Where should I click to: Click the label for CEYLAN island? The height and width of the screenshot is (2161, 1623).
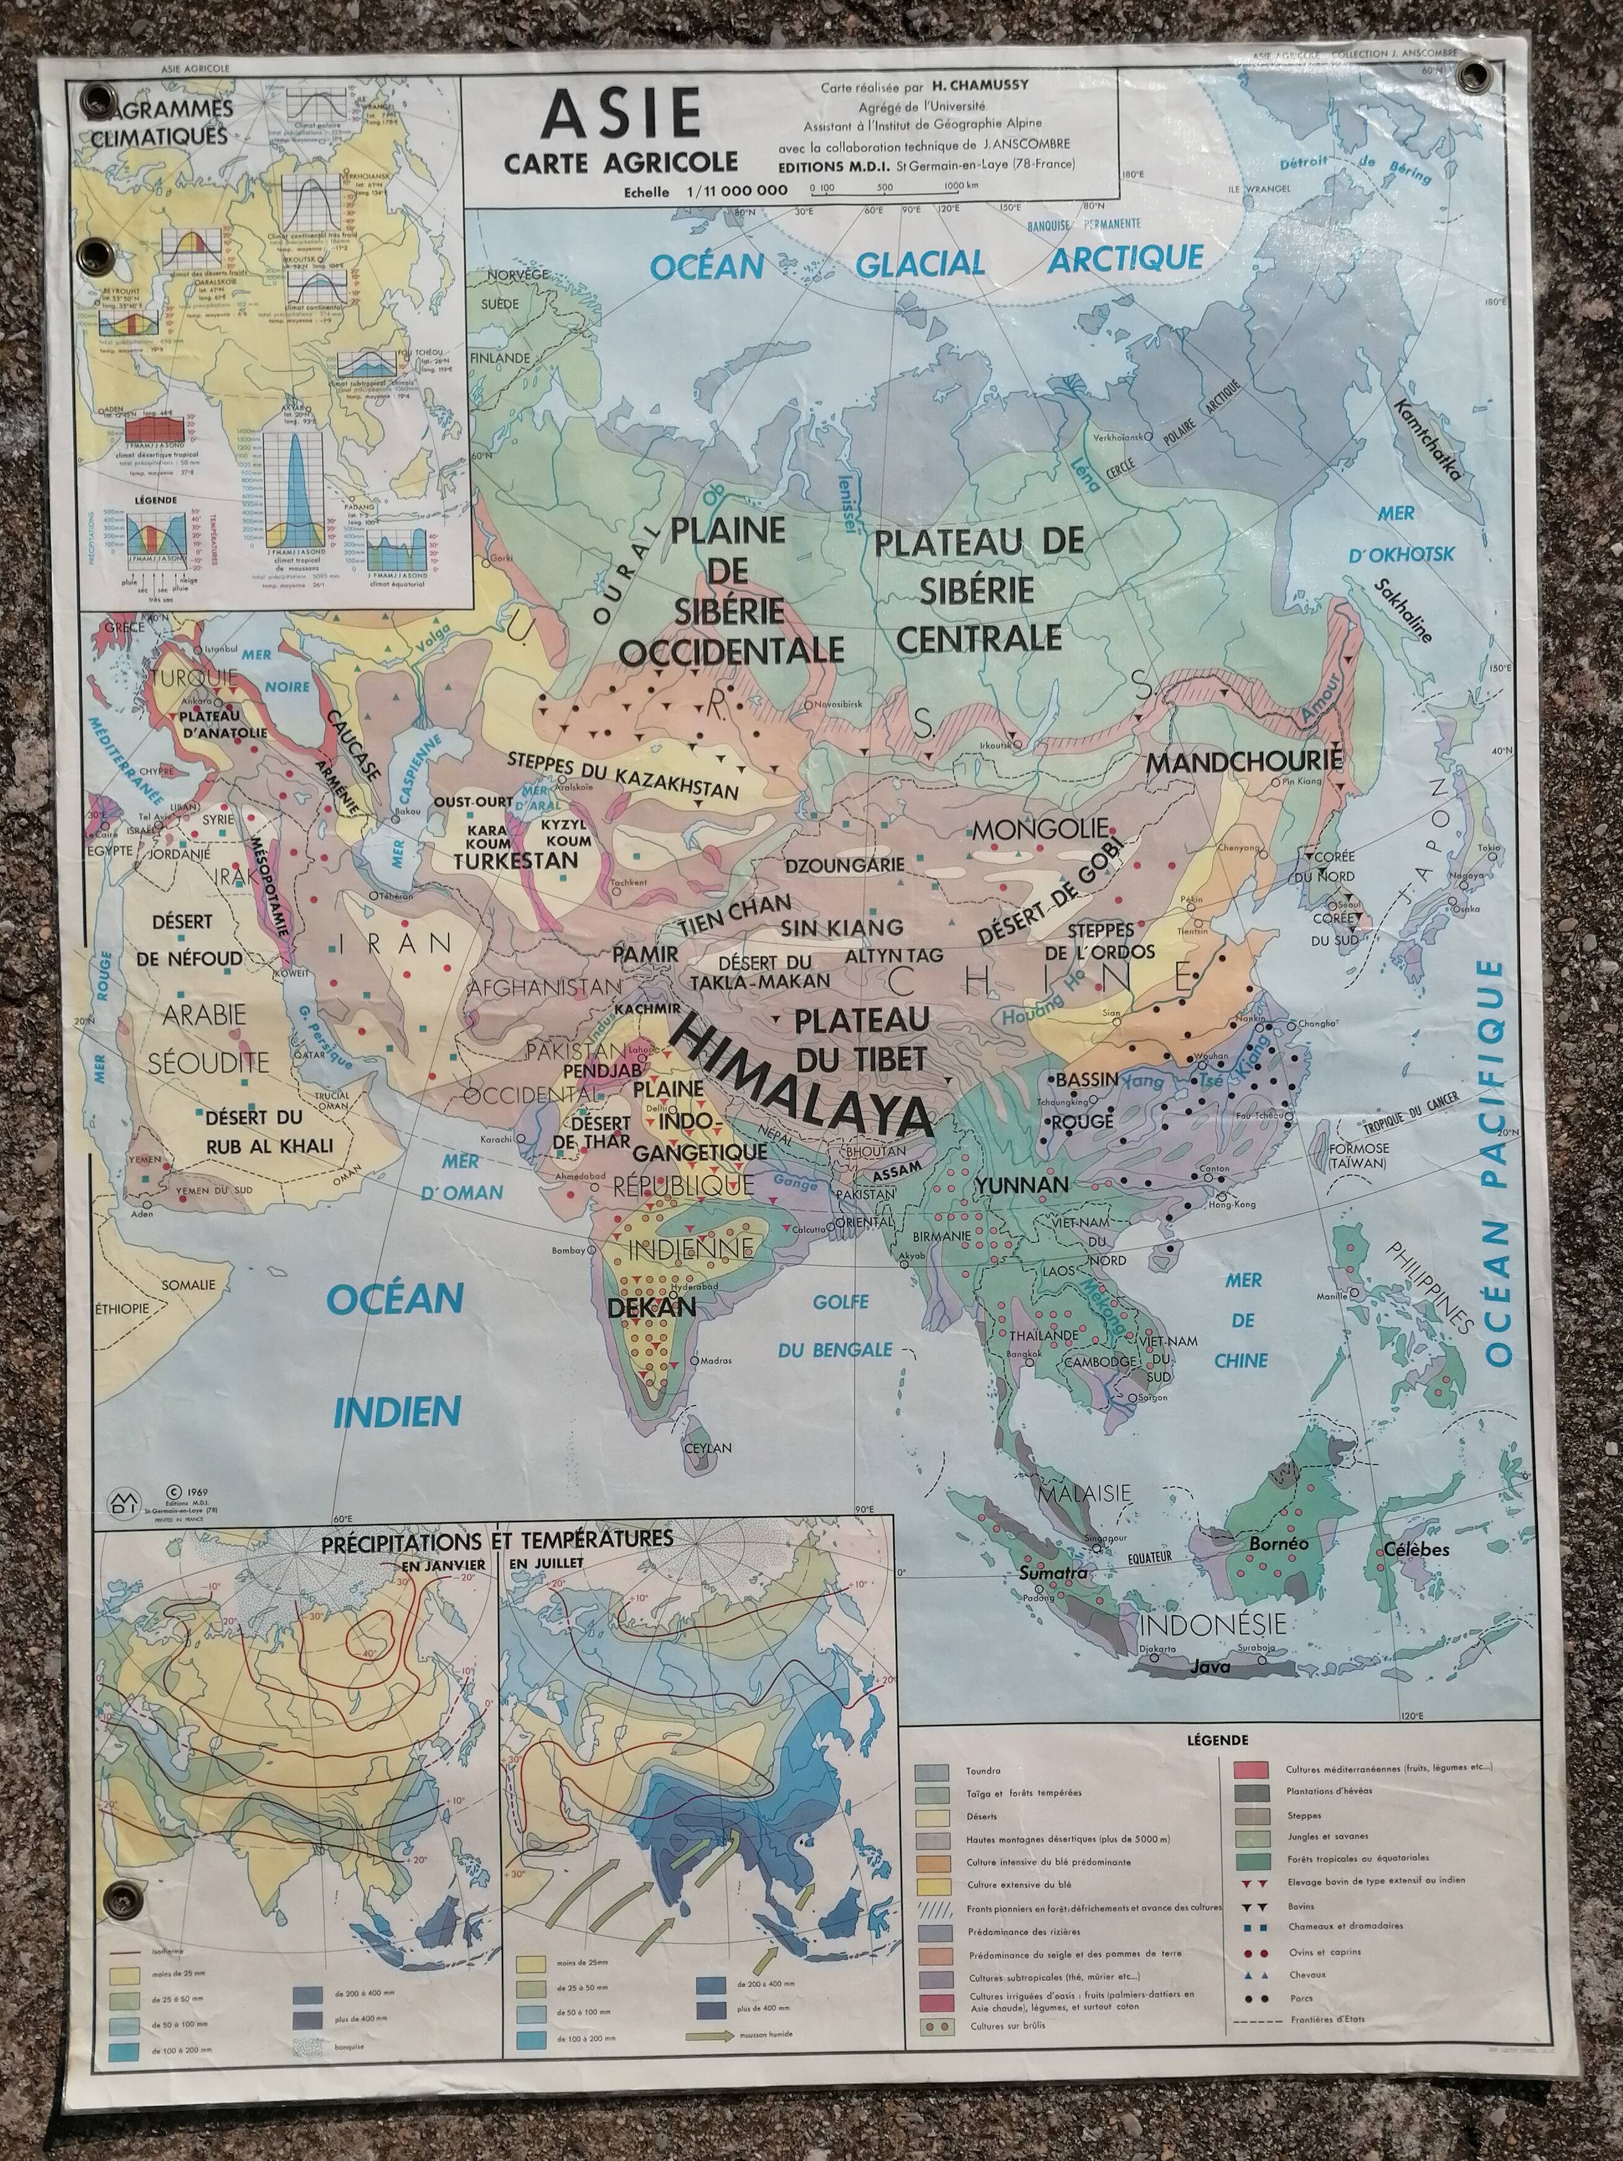[707, 1448]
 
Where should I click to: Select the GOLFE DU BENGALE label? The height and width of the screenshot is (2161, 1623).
[849, 1326]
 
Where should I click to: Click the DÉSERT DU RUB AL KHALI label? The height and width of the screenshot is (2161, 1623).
[269, 1131]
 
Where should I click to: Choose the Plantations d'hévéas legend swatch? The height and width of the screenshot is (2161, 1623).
[1251, 1793]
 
